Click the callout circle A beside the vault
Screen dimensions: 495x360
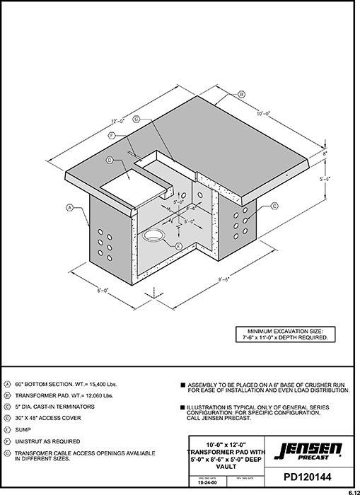[70, 208]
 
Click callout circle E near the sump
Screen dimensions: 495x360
[178, 245]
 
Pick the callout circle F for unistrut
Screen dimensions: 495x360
[112, 135]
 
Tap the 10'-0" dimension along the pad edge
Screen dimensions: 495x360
[264, 112]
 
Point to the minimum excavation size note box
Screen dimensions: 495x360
[286, 334]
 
